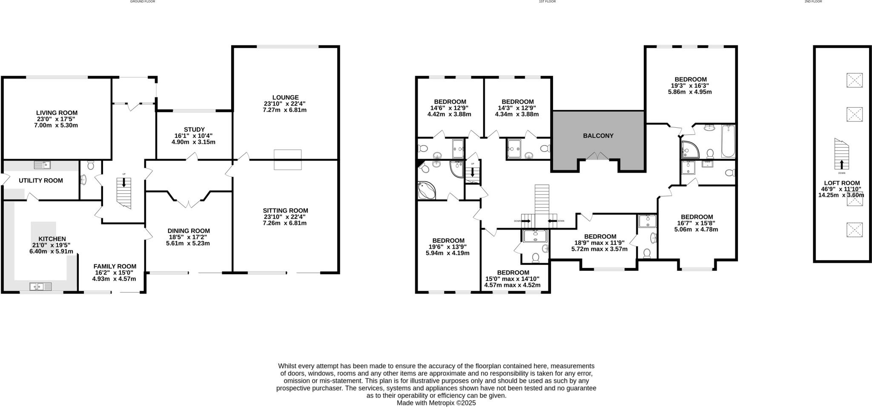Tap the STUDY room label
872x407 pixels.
click(194, 129)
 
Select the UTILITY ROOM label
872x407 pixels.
click(41, 181)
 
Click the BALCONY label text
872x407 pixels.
click(598, 136)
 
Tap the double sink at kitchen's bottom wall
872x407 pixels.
click(40, 287)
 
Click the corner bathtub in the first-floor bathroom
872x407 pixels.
click(427, 190)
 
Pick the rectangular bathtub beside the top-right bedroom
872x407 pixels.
click(728, 141)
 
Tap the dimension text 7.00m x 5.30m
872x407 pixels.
click(57, 126)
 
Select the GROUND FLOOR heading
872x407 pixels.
click(143, 2)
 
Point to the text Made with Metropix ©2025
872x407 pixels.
click(436, 402)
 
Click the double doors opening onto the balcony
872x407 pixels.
click(598, 156)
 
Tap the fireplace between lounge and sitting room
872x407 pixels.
click(287, 160)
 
